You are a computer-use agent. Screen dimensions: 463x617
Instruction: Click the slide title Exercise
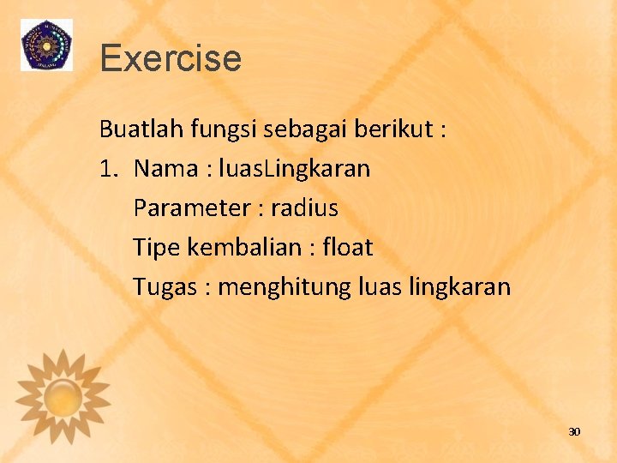click(171, 58)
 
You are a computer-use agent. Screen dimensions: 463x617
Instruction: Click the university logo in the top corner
click(46, 45)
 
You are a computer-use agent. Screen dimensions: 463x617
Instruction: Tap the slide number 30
click(574, 431)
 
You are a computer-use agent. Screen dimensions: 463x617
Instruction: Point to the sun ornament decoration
click(63, 396)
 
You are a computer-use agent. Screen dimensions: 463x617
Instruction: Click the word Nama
click(165, 169)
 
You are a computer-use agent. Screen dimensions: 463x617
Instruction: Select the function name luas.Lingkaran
click(294, 169)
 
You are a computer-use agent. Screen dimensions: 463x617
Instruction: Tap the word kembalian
click(244, 248)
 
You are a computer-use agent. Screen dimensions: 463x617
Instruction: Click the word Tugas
click(165, 287)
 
